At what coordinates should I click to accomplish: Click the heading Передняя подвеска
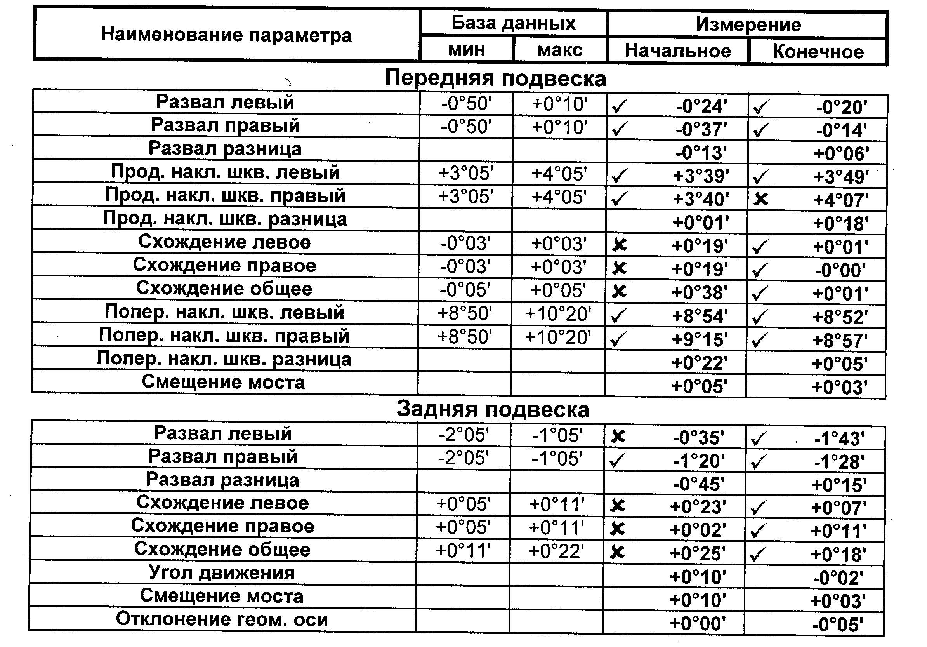495,78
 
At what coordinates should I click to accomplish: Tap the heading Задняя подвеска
493,410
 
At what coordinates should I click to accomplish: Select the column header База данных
513,23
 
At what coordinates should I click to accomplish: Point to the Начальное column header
677,51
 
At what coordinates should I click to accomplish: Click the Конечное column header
818,52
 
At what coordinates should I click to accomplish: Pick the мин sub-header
467,49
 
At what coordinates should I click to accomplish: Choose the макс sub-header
560,50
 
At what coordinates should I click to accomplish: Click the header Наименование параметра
226,35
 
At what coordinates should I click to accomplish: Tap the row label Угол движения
222,573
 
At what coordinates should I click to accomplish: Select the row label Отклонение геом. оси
222,619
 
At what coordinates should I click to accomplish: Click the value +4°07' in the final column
840,200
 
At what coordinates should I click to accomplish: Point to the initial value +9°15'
700,340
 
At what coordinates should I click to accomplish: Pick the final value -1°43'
839,438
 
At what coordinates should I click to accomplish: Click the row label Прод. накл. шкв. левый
225,172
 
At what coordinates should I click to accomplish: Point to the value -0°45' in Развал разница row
698,484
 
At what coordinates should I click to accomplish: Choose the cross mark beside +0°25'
617,552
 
